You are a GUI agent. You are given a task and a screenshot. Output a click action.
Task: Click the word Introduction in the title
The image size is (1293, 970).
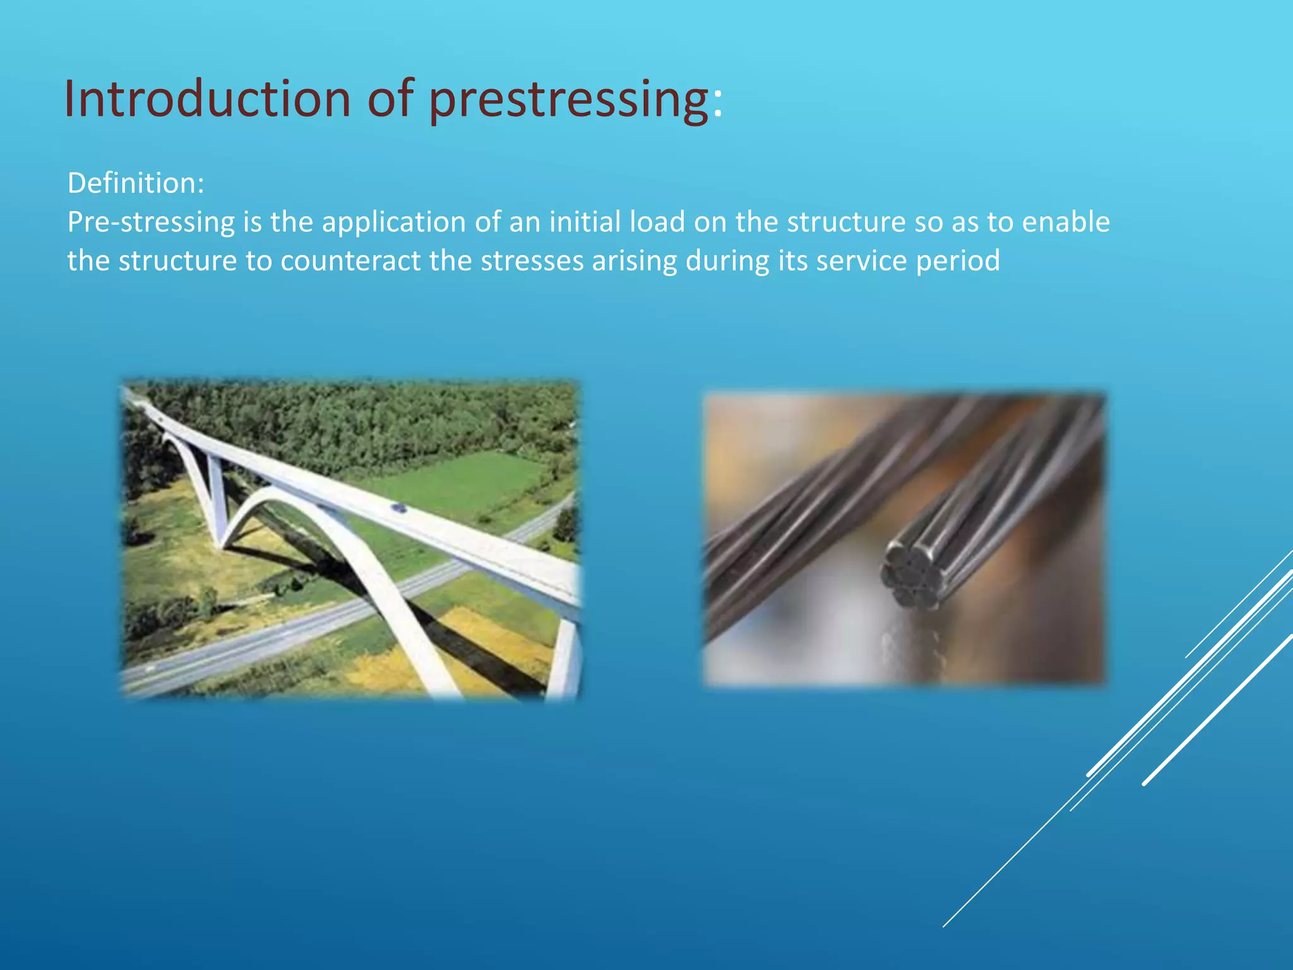point(207,99)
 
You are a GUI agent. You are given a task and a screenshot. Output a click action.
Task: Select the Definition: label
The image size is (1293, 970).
point(136,183)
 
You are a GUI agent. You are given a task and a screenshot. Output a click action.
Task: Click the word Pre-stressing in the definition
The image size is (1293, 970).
point(151,222)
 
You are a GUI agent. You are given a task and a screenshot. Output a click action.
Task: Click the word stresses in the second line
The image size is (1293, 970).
point(532,261)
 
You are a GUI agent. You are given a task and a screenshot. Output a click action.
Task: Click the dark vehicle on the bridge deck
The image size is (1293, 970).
point(398,507)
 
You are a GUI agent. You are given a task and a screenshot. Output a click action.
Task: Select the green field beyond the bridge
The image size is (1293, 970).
point(467,480)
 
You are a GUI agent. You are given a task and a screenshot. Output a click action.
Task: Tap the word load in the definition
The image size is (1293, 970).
point(657,222)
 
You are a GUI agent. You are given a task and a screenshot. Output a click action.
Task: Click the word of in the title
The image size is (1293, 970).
point(390,99)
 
